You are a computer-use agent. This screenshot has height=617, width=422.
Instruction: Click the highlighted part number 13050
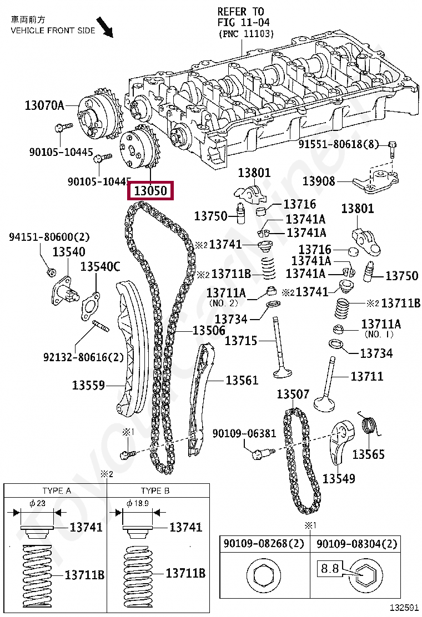point(150,191)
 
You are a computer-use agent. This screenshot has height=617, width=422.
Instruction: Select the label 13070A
point(44,105)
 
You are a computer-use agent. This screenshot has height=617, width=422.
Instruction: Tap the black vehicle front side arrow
point(105,27)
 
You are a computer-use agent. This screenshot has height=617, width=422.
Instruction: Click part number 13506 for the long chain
point(209,330)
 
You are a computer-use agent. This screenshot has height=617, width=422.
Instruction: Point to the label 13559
point(88,385)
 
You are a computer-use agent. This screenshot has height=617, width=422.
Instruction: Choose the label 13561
point(242,380)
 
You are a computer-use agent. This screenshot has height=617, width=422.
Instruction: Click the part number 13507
point(293,394)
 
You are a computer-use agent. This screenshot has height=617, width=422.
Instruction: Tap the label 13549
point(339,478)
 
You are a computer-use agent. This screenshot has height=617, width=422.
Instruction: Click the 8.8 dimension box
point(329,568)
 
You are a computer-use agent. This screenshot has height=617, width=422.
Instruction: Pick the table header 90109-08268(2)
point(264,543)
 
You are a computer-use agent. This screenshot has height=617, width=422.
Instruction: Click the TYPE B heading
point(155,490)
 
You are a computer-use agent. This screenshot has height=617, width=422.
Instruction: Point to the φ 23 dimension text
point(38,503)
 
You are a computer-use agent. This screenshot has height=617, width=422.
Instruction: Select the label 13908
point(319,181)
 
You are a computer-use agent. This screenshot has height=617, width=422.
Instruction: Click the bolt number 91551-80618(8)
point(338,144)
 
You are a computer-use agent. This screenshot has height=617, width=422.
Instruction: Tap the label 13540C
point(100,266)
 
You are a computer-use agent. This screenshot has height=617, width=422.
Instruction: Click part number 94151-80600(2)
point(49,237)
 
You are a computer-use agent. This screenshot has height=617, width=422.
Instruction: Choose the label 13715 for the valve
point(240,340)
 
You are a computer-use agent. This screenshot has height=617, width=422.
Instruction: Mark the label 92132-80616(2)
point(83,357)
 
